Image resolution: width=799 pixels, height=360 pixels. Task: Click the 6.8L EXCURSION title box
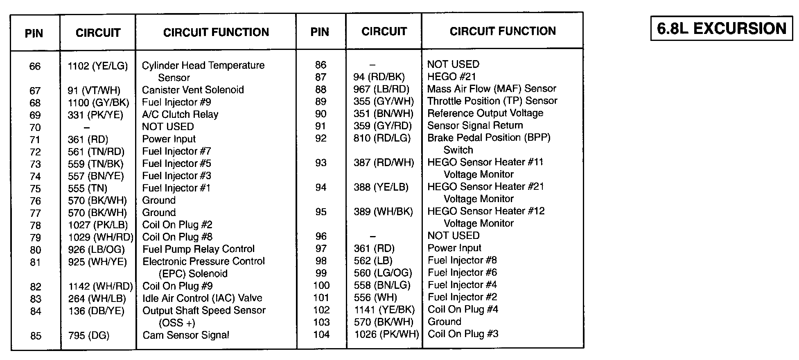pyautogui.click(x=721, y=28)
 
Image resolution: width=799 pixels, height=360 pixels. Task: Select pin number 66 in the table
pyautogui.click(x=35, y=66)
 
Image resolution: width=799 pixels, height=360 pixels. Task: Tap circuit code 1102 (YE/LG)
pyautogui.click(x=97, y=66)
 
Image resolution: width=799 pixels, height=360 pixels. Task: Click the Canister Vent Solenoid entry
pyautogui.click(x=193, y=90)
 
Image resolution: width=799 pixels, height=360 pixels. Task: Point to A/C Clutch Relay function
pyautogui.click(x=180, y=115)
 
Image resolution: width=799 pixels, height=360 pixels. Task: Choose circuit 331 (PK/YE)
pyautogui.click(x=95, y=115)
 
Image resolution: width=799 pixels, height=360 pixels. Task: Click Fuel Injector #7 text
pyautogui.click(x=176, y=151)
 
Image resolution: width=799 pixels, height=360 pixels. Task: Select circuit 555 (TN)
pyautogui.click(x=88, y=188)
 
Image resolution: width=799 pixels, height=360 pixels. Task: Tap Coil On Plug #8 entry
pyautogui.click(x=177, y=237)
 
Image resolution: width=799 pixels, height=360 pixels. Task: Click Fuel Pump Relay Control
pyautogui.click(x=199, y=249)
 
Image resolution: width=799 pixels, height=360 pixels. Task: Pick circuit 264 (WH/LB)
pyautogui.click(x=97, y=299)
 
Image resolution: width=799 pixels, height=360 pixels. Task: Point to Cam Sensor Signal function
pyautogui.click(x=186, y=335)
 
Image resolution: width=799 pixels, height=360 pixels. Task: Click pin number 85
pyautogui.click(x=36, y=336)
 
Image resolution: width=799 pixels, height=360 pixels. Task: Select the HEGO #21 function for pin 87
pyautogui.click(x=451, y=76)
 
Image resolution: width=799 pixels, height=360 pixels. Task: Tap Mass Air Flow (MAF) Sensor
pyautogui.click(x=492, y=89)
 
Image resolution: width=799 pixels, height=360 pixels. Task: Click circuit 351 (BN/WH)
pyautogui.click(x=384, y=113)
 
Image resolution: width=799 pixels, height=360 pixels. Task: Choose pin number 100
pyautogui.click(x=321, y=285)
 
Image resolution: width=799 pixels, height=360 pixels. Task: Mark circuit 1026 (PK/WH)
pyautogui.click(x=387, y=334)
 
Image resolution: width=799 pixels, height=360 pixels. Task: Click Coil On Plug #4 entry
pyautogui.click(x=463, y=309)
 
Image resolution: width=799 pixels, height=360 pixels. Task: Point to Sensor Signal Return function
pyautogui.click(x=475, y=126)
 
